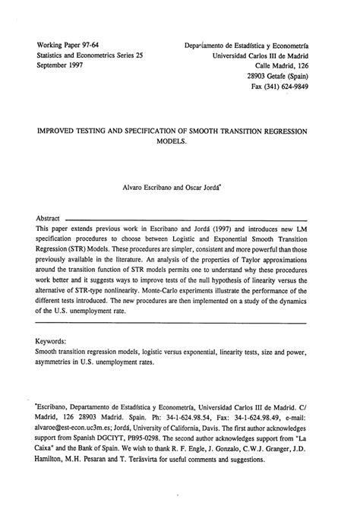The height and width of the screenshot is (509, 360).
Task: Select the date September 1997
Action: click(65, 66)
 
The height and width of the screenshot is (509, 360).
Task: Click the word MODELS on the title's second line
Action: click(179, 142)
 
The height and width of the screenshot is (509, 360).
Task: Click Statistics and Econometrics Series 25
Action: click(90, 55)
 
